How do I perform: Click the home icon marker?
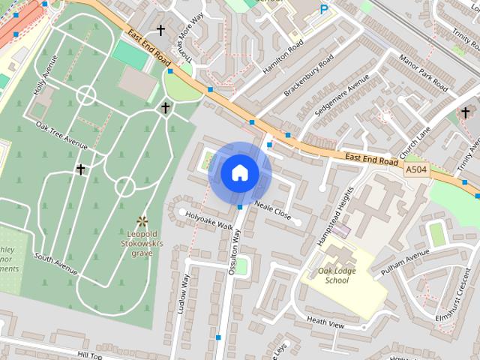pyautogui.click(x=239, y=173)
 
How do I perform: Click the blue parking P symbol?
pyautogui.click(x=324, y=10)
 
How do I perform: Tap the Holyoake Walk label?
pyautogui.click(x=210, y=219)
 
